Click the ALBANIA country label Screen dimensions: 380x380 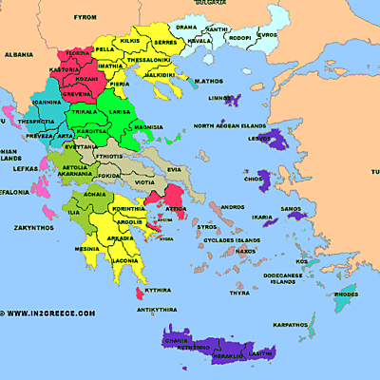18,55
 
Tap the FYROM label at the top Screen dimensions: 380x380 86,17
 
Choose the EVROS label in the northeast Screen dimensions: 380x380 268,34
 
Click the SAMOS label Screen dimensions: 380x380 291,208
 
